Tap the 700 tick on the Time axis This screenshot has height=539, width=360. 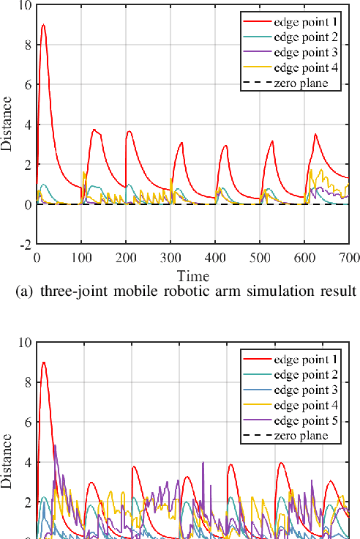pyautogui.click(x=349, y=257)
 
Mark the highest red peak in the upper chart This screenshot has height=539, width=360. pyautogui.click(x=44, y=25)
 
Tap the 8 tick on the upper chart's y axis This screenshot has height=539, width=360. pyautogui.click(x=29, y=44)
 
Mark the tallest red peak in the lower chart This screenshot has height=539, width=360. pyautogui.click(x=44, y=363)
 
